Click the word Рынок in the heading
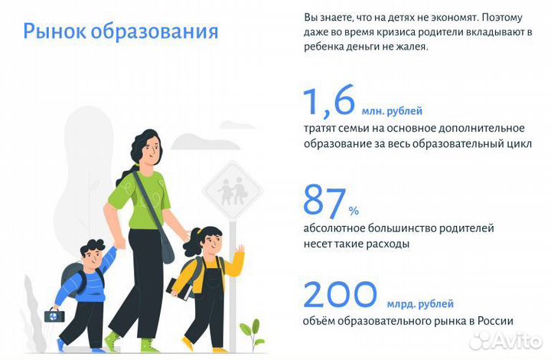click(54, 32)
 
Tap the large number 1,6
click(331, 102)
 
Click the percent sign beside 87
click(354, 210)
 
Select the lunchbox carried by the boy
click(53, 315)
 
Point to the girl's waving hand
click(240, 251)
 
